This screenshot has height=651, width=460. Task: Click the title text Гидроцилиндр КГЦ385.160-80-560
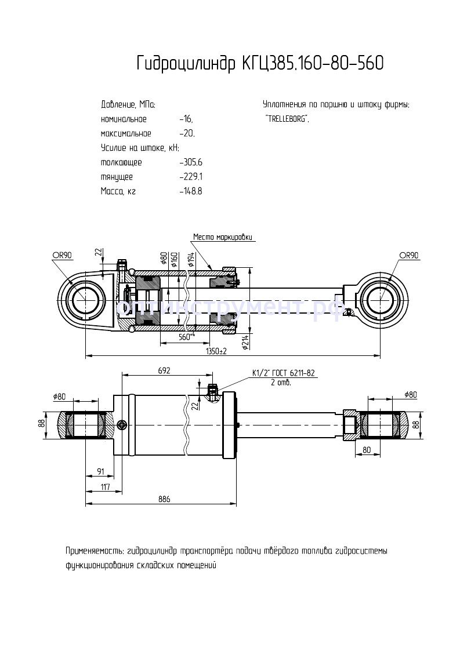[x=259, y=63]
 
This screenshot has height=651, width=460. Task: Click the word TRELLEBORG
[x=287, y=119]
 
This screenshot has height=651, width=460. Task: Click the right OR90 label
[x=408, y=254]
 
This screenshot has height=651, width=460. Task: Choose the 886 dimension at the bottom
[x=164, y=500]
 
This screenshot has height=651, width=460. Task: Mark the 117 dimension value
[x=105, y=486]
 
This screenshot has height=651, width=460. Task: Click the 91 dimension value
[x=100, y=471]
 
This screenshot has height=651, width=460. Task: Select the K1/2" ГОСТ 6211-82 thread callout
[x=282, y=373]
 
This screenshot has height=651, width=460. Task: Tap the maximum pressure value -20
[x=187, y=133]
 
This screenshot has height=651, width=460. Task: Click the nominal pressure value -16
[x=186, y=119]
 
